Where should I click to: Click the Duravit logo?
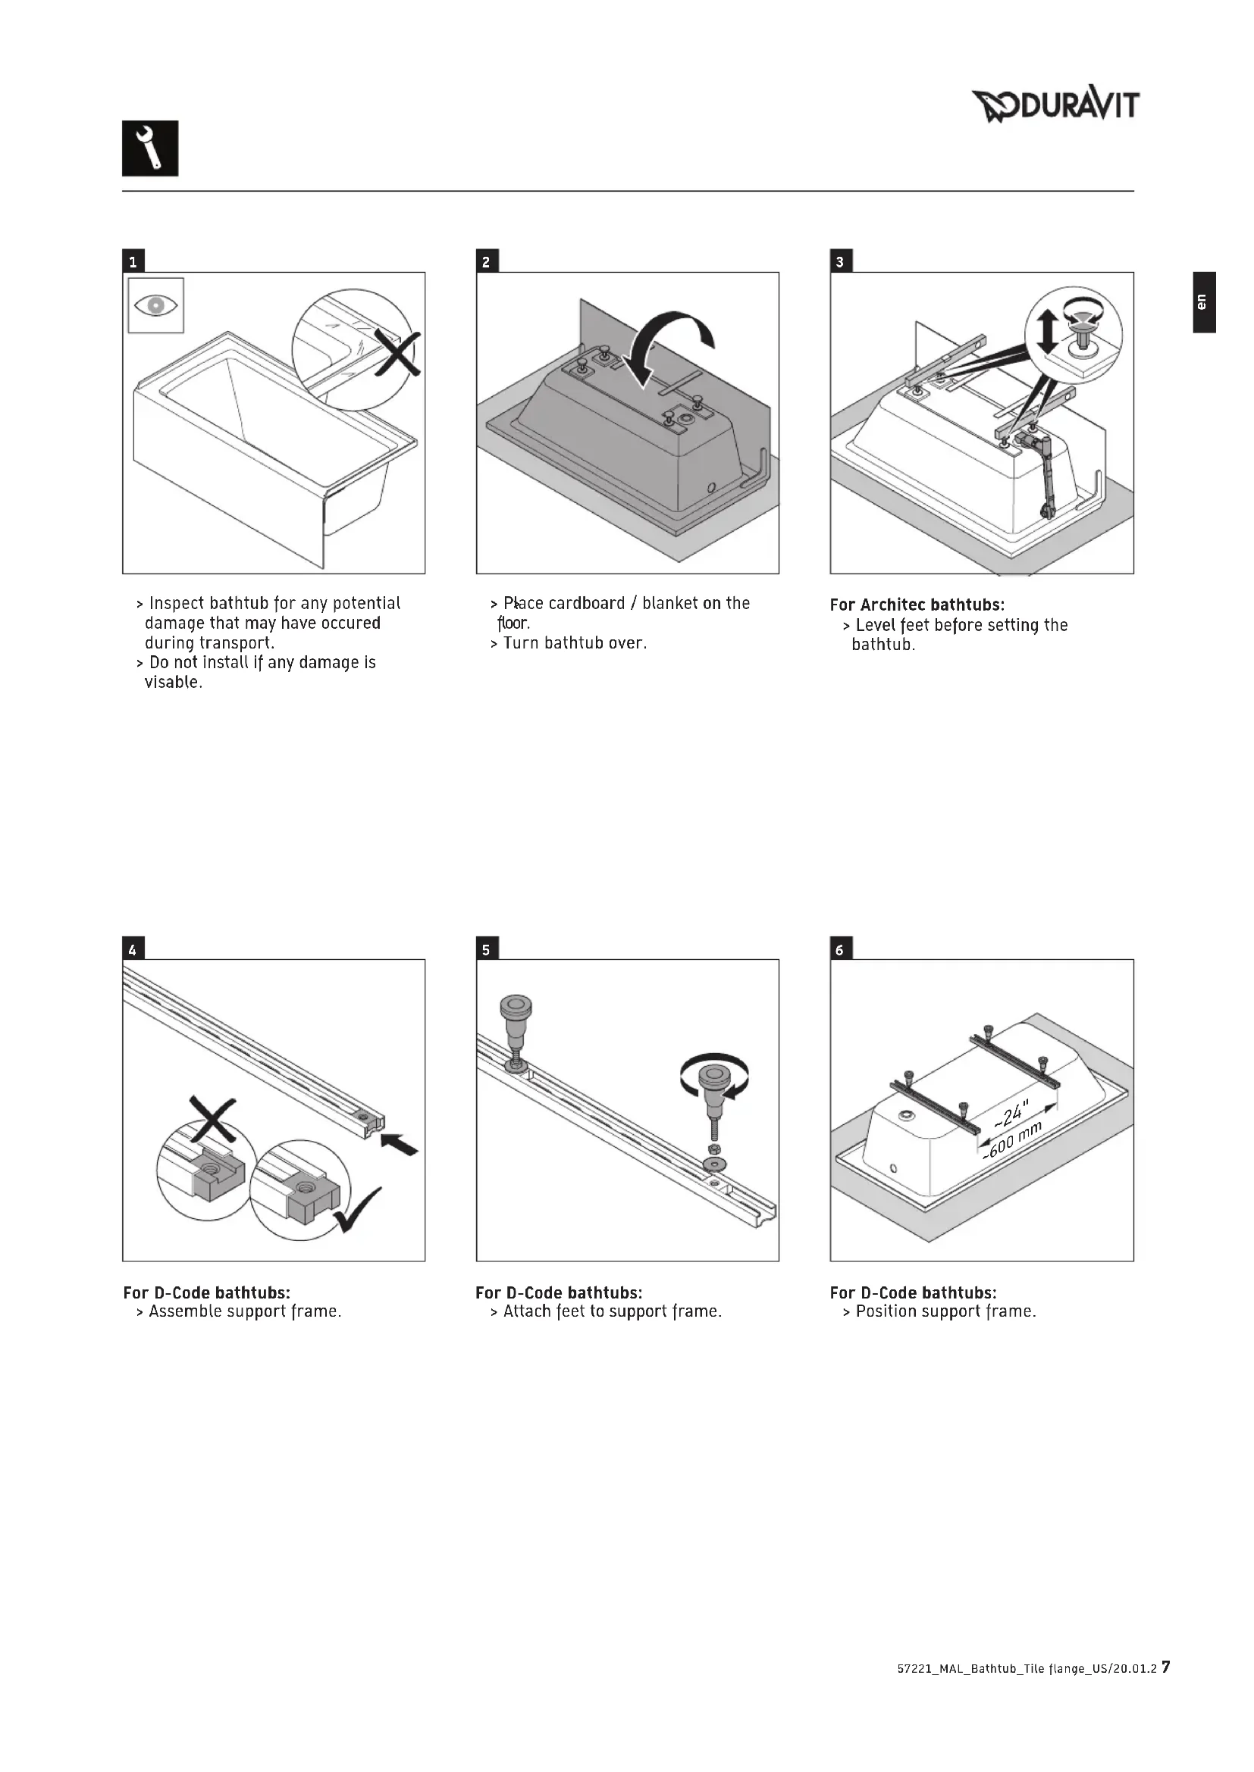[1055, 105]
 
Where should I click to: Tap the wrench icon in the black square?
[150, 148]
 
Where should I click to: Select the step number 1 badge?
[133, 261]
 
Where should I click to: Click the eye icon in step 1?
[156, 305]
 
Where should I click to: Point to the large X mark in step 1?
[397, 353]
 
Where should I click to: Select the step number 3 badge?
[841, 261]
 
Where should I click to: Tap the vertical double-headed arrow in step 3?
[1047, 332]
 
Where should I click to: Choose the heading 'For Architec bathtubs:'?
[917, 605]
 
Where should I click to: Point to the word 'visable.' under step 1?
[174, 683]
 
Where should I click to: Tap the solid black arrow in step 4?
[401, 1145]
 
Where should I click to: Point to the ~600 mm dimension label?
[1013, 1142]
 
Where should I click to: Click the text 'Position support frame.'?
[946, 1311]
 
